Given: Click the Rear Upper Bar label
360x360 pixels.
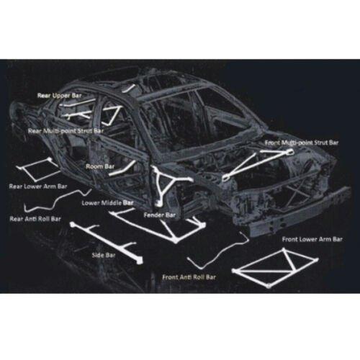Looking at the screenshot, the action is click(60, 96).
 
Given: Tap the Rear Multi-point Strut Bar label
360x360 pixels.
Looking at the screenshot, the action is click(66, 131).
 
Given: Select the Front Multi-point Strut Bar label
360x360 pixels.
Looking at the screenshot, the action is click(302, 143).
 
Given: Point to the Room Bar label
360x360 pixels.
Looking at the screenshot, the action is click(100, 166).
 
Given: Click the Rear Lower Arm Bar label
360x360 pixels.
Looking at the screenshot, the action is click(38, 186).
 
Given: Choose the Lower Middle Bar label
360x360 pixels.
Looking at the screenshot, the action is click(107, 203).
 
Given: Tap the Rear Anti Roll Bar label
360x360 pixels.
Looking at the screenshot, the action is click(35, 219).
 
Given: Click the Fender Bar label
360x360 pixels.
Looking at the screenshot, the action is click(160, 215).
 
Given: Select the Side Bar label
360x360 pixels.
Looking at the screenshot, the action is click(104, 255).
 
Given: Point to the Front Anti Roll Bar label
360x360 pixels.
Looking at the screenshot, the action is click(189, 277).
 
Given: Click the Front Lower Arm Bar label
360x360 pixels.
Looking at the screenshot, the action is click(312, 239).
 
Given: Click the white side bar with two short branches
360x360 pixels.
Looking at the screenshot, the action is click(106, 243).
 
